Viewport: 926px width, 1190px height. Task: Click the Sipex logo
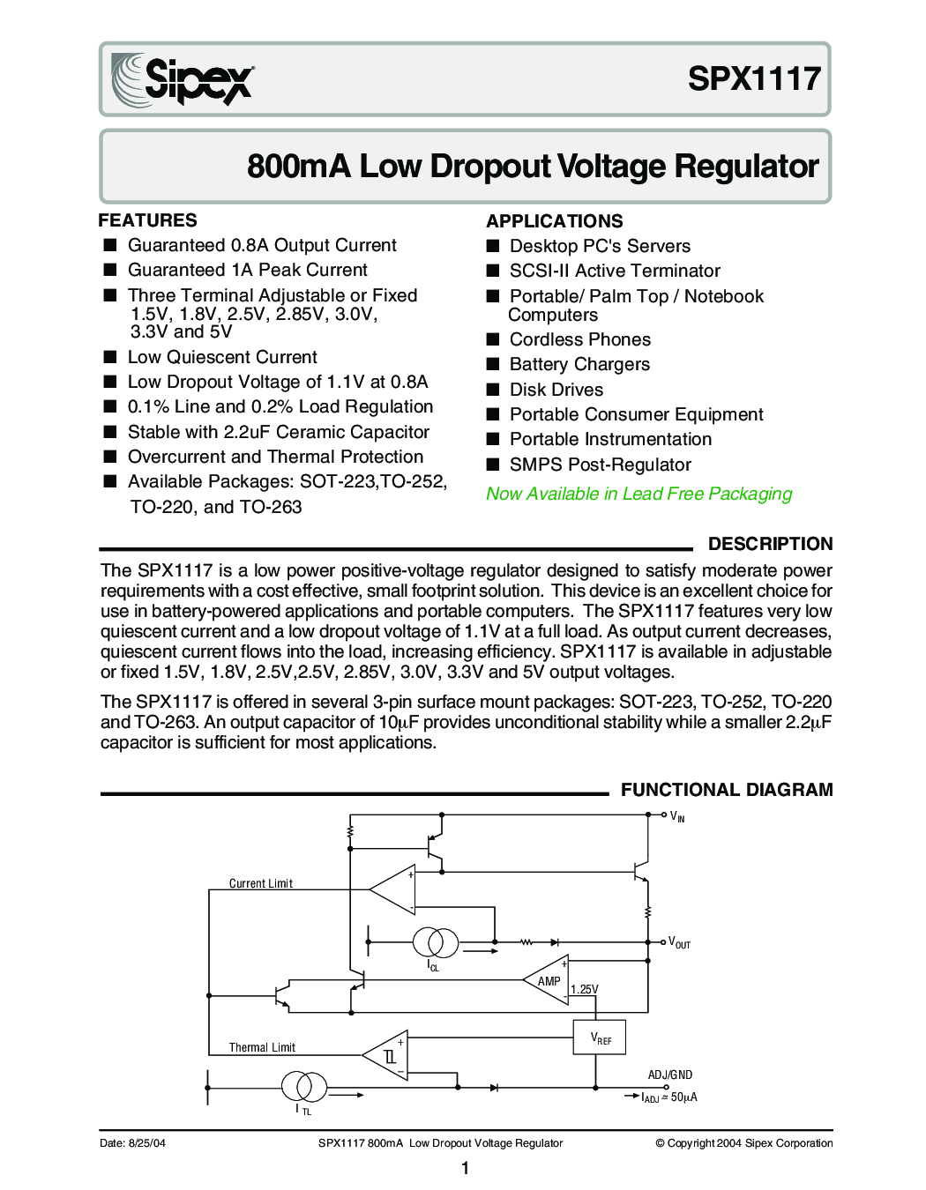click(x=183, y=79)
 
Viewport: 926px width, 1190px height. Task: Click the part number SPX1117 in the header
click(x=754, y=78)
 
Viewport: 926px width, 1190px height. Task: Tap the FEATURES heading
click(x=147, y=220)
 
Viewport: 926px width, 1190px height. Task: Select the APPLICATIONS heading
click(x=554, y=221)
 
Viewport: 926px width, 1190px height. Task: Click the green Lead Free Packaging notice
click(x=638, y=494)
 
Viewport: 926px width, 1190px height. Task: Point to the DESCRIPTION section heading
click(x=770, y=544)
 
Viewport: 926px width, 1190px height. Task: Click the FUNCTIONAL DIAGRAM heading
click(x=727, y=790)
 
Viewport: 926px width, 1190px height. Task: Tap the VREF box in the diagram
click(x=600, y=1038)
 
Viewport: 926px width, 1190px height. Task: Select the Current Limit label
click(x=260, y=883)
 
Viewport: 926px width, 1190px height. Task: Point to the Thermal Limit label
click(x=262, y=1047)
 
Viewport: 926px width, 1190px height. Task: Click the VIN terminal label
click(x=677, y=816)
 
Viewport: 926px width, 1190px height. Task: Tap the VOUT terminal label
click(x=679, y=942)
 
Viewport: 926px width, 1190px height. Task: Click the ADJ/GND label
click(x=670, y=1075)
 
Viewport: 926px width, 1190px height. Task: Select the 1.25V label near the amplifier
click(x=584, y=989)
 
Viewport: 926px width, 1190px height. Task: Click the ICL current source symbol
click(x=436, y=942)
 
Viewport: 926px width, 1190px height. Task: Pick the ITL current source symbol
click(x=304, y=1086)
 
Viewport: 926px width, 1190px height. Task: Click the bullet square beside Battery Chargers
click(x=493, y=364)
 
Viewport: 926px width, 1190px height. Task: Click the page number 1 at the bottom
click(x=465, y=1168)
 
